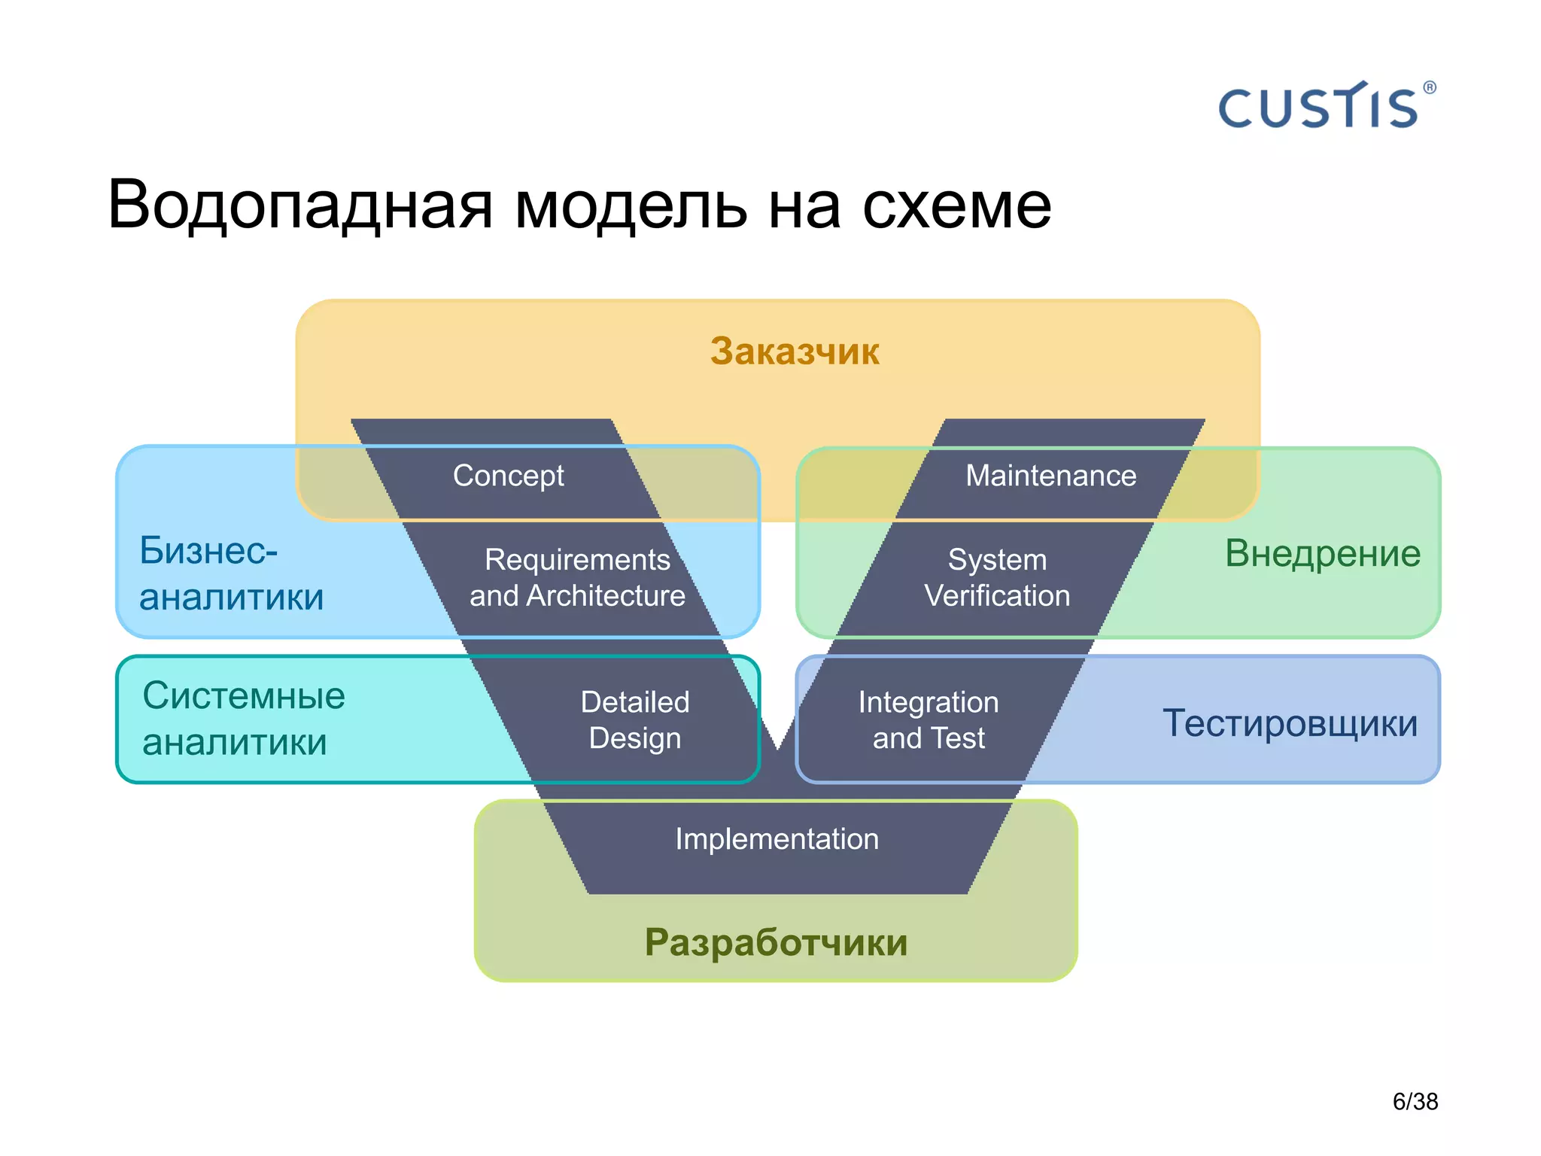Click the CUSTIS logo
(x=1318, y=108)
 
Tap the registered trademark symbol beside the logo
(x=1429, y=88)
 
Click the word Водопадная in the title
(x=299, y=205)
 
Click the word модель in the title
(x=631, y=205)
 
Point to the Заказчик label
(x=795, y=351)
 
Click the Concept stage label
(x=508, y=476)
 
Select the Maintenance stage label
(x=1050, y=476)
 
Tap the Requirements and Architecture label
(x=577, y=577)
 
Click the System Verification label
(x=997, y=577)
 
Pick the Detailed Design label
(x=635, y=719)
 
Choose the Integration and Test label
(x=929, y=719)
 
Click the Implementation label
(x=777, y=839)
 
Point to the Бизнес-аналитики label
(x=230, y=573)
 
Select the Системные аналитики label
(x=242, y=719)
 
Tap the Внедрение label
(x=1322, y=554)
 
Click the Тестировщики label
(x=1290, y=723)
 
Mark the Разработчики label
(x=776, y=942)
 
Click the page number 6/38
(x=1415, y=1102)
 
